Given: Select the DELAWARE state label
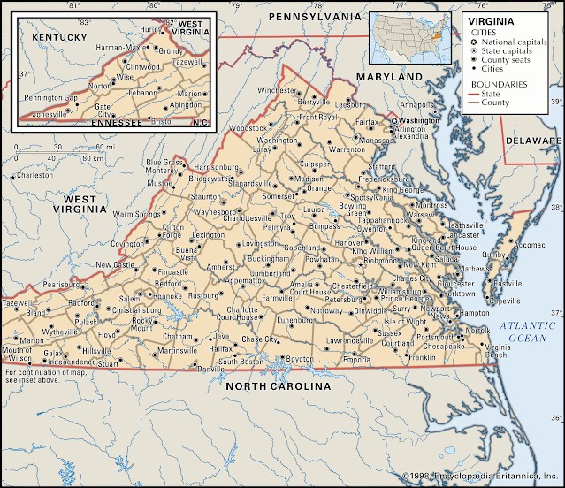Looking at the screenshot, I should click(533, 141).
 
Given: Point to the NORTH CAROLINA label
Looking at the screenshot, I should click(278, 386).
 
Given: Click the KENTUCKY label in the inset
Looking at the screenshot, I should click(59, 37).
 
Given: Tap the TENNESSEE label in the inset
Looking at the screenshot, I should click(112, 122).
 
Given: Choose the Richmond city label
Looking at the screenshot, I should click(376, 262).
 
